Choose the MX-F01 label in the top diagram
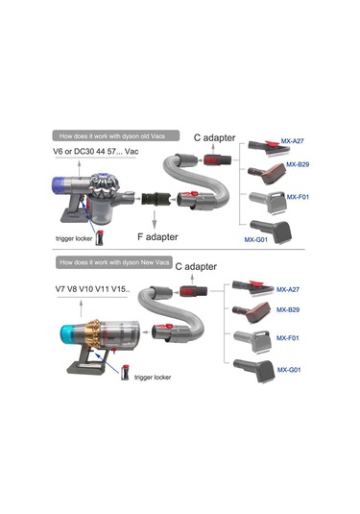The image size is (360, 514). [293, 199]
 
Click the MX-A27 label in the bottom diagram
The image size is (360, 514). [289, 289]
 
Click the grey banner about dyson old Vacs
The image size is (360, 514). [115, 135]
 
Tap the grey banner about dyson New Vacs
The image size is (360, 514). [115, 263]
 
